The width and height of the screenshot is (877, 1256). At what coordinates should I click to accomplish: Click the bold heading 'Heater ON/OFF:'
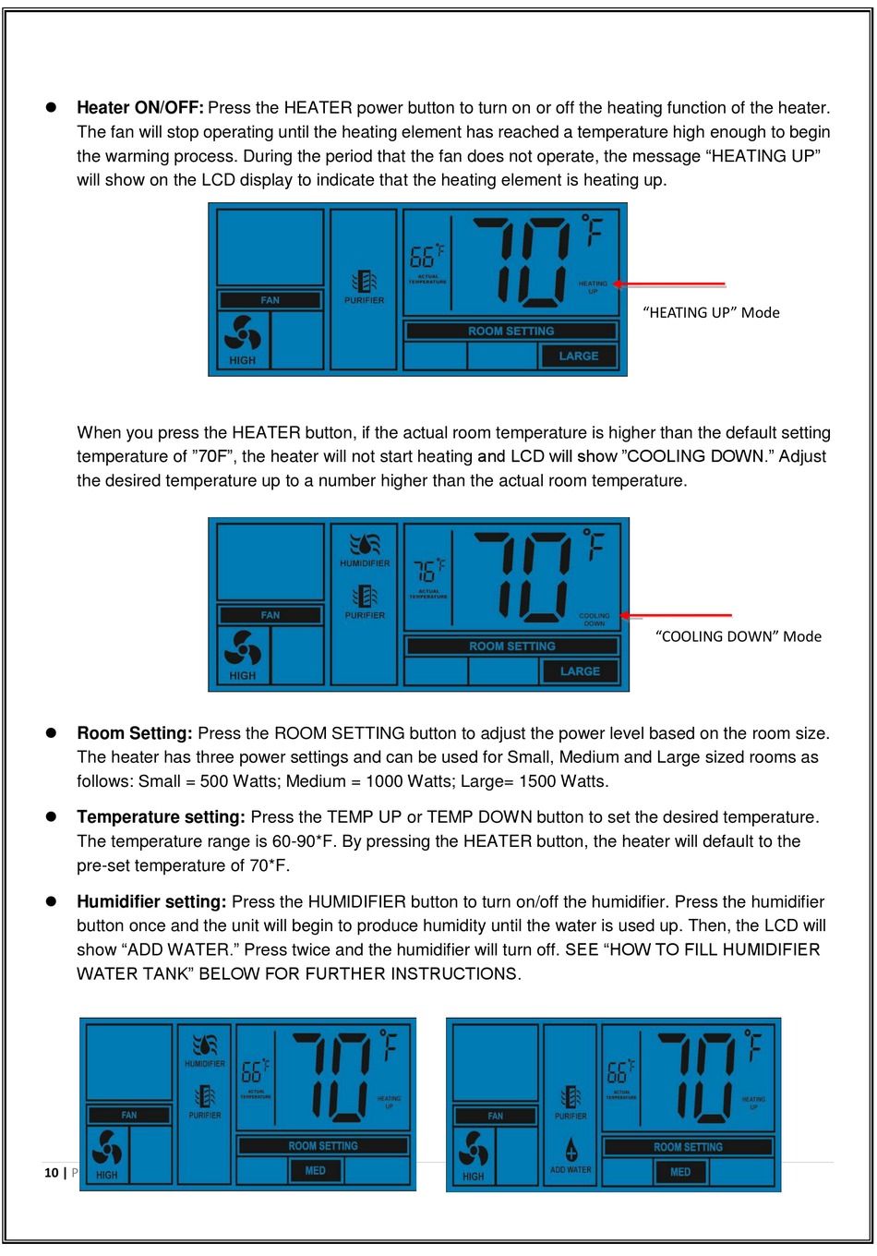139,108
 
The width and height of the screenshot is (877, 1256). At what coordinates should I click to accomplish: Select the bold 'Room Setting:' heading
135,734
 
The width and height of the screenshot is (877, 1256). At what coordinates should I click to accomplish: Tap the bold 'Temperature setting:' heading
161,817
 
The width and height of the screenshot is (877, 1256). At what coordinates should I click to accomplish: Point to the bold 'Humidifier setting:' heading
151,902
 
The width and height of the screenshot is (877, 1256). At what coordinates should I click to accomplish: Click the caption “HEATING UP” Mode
711,313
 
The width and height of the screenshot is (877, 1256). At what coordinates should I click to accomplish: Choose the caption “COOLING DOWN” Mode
738,636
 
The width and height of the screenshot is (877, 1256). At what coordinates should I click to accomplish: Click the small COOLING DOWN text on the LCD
594,620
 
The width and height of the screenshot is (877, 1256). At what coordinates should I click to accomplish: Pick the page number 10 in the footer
52,1173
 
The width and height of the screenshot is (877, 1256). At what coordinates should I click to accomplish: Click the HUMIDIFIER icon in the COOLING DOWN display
365,544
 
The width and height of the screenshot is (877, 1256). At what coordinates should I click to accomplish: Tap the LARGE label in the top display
579,356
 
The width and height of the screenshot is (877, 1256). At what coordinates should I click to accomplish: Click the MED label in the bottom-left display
315,1171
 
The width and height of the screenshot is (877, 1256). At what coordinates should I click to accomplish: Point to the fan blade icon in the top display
242,334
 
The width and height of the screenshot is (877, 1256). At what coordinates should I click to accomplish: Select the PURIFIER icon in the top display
365,281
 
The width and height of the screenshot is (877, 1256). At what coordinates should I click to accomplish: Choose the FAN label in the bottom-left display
129,1116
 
